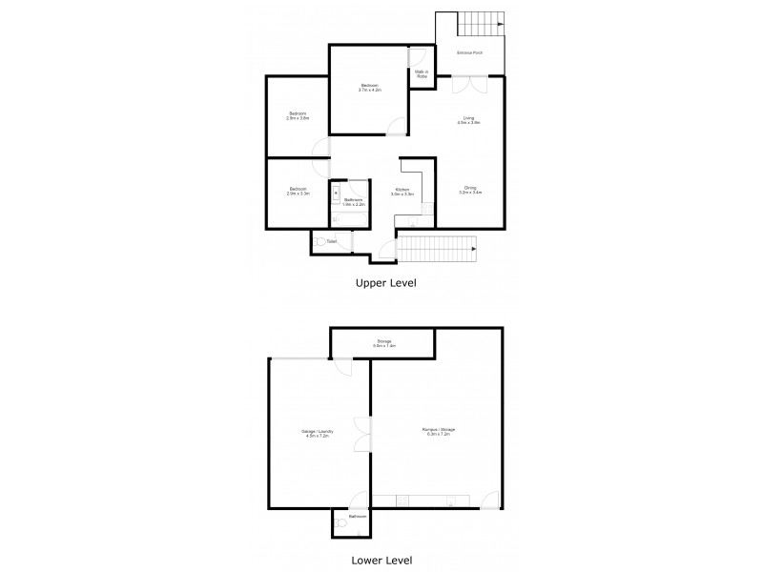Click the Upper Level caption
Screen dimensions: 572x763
(x=385, y=282)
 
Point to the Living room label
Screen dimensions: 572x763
(x=468, y=120)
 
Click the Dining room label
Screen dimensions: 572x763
(x=470, y=190)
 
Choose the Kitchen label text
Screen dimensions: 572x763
(x=402, y=192)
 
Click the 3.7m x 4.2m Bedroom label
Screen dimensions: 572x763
(x=369, y=87)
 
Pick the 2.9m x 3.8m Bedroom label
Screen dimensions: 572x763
(x=298, y=116)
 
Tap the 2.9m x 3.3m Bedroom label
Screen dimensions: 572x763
(x=298, y=190)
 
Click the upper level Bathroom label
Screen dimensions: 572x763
(x=355, y=202)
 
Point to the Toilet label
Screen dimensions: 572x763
(x=331, y=242)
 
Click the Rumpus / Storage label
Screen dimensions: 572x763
(x=439, y=431)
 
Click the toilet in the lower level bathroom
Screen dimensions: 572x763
(x=340, y=522)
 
